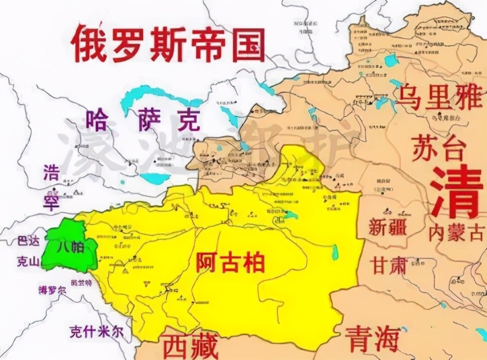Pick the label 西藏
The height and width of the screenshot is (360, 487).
coord(189,345)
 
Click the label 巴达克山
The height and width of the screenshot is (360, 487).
coord(28,251)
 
